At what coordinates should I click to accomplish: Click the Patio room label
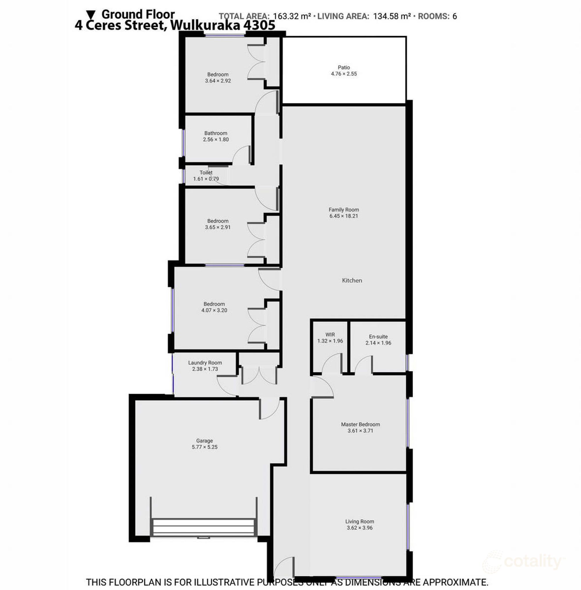click(344, 67)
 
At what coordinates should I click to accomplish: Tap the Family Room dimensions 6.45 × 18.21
click(344, 216)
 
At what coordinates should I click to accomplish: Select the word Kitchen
click(352, 280)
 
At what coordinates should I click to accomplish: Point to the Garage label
click(205, 441)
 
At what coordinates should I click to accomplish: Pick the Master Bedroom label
click(361, 424)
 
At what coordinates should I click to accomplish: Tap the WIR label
click(330, 335)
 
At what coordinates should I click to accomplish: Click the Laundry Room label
click(205, 363)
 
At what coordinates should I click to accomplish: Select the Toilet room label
click(206, 173)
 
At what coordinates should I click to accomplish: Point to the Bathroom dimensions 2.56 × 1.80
click(216, 139)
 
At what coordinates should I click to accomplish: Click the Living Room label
click(359, 522)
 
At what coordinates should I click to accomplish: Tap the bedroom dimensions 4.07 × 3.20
click(214, 310)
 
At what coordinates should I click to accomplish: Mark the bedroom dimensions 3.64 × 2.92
click(218, 81)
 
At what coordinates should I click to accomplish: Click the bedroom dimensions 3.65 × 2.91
click(218, 227)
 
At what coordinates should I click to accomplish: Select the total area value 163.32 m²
click(292, 17)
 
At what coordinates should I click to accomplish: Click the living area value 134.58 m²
click(392, 17)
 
